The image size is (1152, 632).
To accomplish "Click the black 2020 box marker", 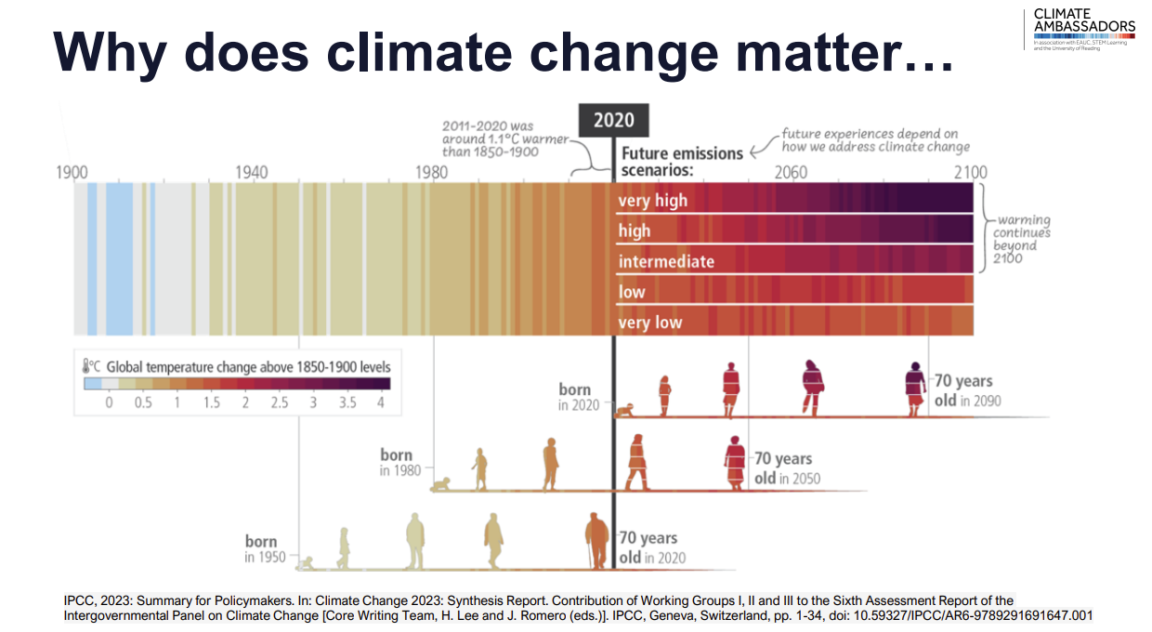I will pyautogui.click(x=613, y=120).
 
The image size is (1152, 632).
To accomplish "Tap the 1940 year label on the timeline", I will pyautogui.click(x=252, y=173).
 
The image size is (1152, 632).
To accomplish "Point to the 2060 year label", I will pyautogui.click(x=791, y=173).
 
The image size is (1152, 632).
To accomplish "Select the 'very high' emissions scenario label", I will pyautogui.click(x=653, y=200).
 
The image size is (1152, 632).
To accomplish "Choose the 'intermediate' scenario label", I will pyautogui.click(x=666, y=261).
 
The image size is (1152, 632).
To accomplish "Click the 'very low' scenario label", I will pyautogui.click(x=650, y=323).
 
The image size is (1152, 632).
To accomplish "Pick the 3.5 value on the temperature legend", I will pyautogui.click(x=347, y=402).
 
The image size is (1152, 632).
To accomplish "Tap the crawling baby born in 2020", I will pyautogui.click(x=624, y=409).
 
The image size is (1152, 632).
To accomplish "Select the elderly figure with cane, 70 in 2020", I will pyautogui.click(x=596, y=541).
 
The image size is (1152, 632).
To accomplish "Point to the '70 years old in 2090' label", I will pyautogui.click(x=962, y=390).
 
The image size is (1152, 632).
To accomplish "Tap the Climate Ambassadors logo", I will pyautogui.click(x=1083, y=29).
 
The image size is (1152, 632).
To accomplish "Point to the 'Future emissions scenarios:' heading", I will pyautogui.click(x=682, y=162).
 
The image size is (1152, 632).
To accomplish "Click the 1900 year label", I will pyautogui.click(x=72, y=173).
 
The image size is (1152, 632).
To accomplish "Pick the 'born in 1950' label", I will pyautogui.click(x=261, y=548).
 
